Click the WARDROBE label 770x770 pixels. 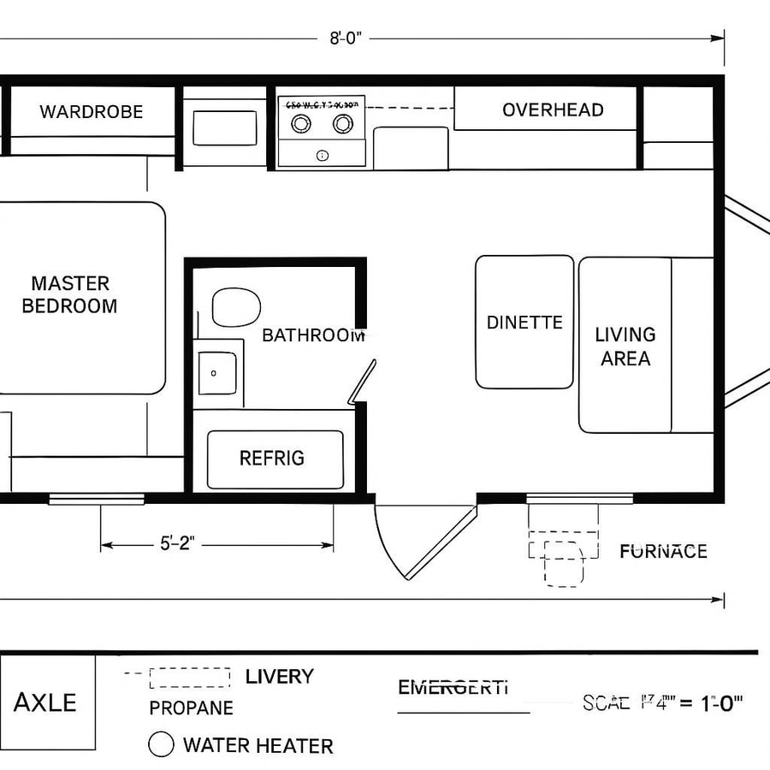pos(92,112)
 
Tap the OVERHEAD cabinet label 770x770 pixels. pos(553,110)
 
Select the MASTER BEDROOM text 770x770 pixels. pos(69,294)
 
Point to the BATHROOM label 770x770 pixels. pos(313,335)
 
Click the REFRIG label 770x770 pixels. pos(271,459)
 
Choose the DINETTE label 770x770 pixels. pos(524,323)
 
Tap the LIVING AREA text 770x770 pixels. pos(625,346)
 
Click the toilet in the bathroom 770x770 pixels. pos(235,307)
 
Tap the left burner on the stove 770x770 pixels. pos(301,124)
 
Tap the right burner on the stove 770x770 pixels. pos(342,124)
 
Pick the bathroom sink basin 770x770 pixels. pos(217,373)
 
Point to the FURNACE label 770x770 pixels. pos(663,552)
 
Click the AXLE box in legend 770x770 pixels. pos(46,702)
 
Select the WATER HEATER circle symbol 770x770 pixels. pos(161,744)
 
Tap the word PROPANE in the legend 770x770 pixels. pos(191,708)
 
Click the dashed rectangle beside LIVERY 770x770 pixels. pos(190,678)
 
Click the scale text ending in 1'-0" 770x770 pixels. pos(662,703)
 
